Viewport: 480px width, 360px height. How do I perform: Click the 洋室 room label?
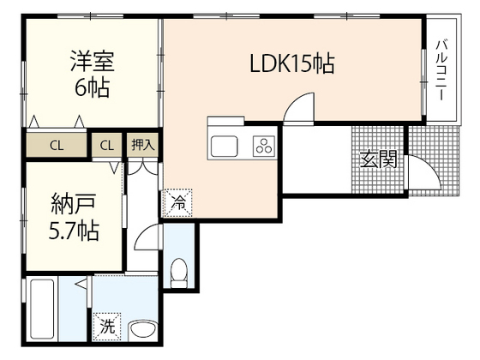click(91, 62)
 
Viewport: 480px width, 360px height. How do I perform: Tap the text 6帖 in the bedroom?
click(91, 87)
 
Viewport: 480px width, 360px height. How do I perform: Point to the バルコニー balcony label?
click(441, 70)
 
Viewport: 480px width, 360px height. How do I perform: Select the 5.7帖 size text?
click(74, 231)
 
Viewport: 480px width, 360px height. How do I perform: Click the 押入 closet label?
click(142, 145)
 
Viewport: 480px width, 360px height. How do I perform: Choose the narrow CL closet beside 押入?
click(107, 145)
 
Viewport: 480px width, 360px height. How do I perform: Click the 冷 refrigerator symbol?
click(176, 203)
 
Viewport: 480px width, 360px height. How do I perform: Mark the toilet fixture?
click(180, 273)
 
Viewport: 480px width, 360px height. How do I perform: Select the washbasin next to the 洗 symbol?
click(142, 327)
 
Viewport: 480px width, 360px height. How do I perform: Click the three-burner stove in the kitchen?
click(262, 147)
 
